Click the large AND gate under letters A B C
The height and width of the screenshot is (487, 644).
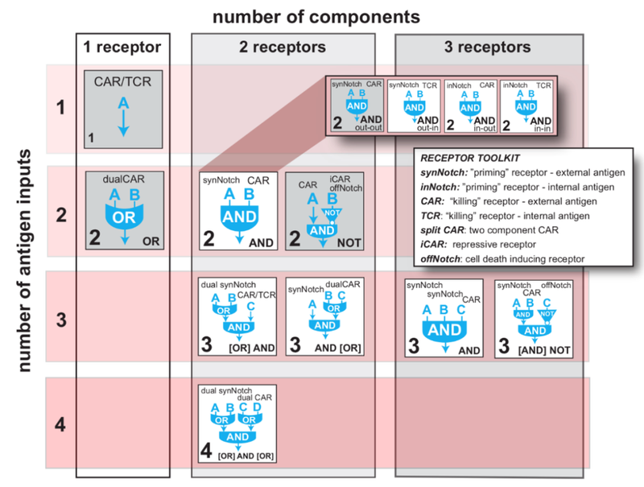coord(444,330)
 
